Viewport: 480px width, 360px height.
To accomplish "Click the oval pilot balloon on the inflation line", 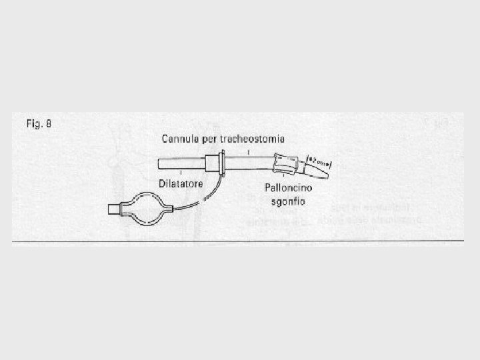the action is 145,207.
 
